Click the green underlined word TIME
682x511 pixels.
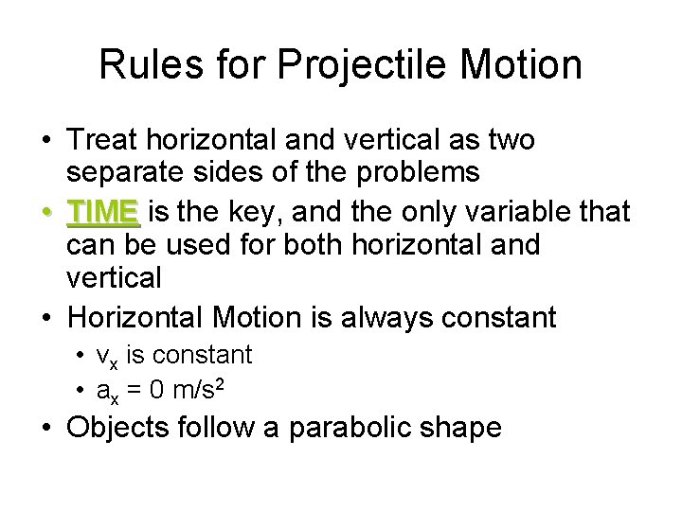104,211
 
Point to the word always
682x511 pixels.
385,316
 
